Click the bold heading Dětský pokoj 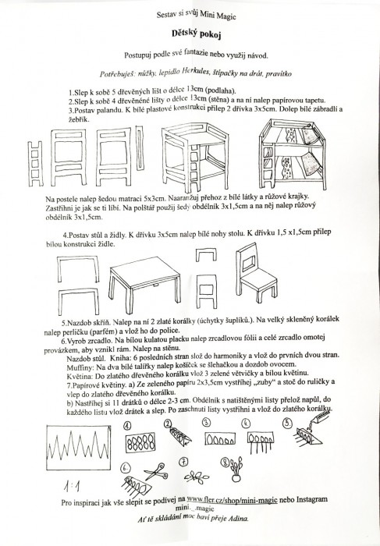pyautogui.click(x=197, y=34)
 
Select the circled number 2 pyautogui.click(x=169, y=424)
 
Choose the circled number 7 pyautogui.click(x=183, y=462)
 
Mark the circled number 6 pyautogui.click(x=126, y=468)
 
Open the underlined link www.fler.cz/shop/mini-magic pyautogui.click(x=232, y=500)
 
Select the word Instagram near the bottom pyautogui.click(x=312, y=499)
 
